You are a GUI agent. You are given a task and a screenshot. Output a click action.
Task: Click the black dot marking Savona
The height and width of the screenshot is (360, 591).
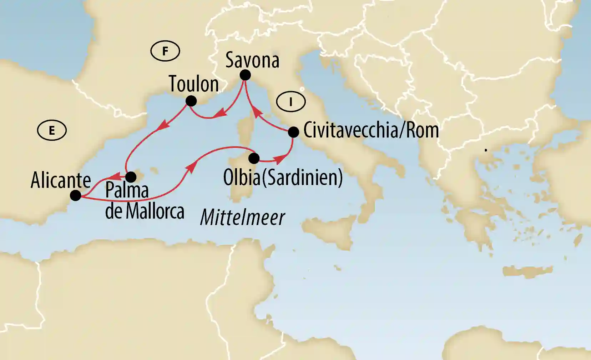pos(245,75)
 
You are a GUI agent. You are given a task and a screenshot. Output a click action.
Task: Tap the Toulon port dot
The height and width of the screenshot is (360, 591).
pos(191,101)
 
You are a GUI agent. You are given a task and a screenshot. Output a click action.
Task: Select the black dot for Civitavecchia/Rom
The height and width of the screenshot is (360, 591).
pos(293,132)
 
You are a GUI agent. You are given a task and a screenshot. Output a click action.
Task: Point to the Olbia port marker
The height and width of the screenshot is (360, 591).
pos(254,158)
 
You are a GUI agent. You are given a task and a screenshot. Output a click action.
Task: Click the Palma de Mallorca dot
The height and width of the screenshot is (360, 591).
pos(131,177)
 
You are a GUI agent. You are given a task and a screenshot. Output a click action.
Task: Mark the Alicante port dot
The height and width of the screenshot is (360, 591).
pos(75,195)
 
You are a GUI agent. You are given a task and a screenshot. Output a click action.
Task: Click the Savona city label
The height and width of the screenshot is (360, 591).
pos(252,60)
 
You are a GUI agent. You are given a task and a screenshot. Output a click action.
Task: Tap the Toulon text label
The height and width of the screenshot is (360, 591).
pos(194,84)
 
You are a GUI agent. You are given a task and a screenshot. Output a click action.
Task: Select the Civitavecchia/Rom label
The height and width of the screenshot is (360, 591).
pos(371,130)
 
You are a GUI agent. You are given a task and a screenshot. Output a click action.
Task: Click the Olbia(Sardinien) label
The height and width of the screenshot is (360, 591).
pos(283,177)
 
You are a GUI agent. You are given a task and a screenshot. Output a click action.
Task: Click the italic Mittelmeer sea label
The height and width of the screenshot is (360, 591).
pos(242,217)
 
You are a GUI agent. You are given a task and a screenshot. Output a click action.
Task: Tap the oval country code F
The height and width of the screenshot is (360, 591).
pos(165,51)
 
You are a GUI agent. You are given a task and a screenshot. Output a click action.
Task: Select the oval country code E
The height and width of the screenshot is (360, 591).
pos(52,131)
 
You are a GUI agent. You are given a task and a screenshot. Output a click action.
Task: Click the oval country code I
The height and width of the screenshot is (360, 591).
pos(291,102)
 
